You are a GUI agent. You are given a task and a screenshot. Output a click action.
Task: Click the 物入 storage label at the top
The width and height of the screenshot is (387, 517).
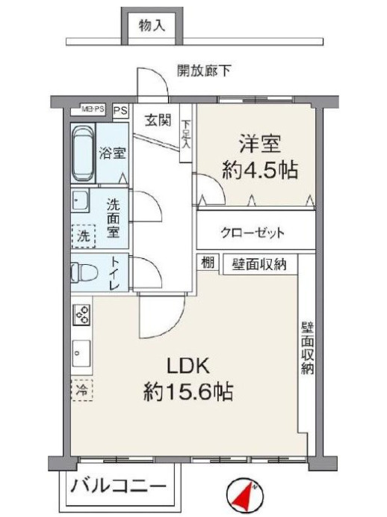pos(152,26)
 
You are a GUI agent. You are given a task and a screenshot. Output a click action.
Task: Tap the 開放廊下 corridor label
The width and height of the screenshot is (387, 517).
pos(204,72)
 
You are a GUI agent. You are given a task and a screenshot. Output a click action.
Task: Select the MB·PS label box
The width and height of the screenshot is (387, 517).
pos(94,110)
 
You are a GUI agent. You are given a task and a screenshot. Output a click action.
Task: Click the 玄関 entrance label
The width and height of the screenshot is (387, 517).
pos(158,120)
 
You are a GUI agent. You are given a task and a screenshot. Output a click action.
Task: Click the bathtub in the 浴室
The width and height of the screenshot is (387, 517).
pos(84,155)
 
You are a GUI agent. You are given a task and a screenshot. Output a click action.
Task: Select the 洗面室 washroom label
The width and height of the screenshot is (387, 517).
pos(113,218)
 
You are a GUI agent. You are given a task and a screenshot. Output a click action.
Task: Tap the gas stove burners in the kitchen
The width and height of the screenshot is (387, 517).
pos(81,314)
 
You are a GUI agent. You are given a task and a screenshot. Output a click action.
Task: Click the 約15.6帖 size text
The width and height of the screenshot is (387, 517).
pos(188,391)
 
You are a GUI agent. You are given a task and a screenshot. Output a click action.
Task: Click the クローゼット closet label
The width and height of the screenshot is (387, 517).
pos(253,233)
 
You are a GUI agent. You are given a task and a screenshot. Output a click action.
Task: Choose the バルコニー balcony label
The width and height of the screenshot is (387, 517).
pos(120,488)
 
